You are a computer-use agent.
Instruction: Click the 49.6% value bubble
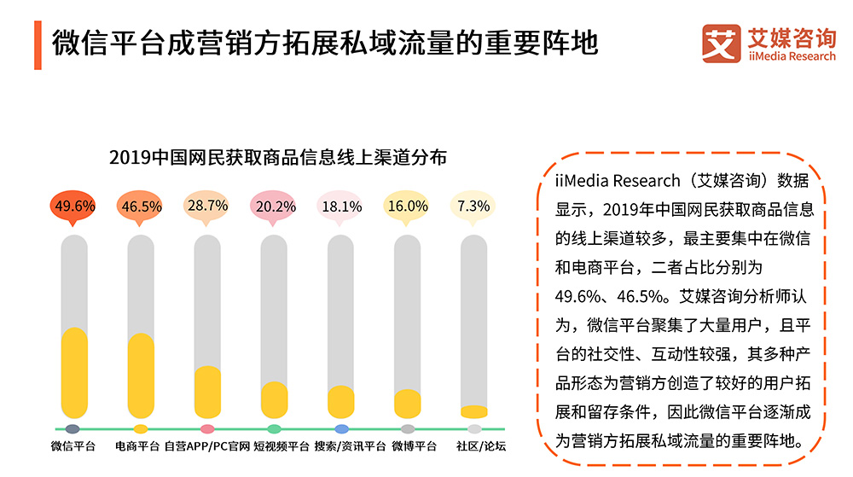pos(74,206)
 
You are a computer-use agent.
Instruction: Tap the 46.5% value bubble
pos(141,206)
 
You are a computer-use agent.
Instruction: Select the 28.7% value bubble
pos(207,206)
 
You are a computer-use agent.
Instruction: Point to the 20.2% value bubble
pos(274,206)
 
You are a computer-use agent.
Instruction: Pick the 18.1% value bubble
pos(340,206)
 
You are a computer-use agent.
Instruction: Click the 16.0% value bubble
pos(407,206)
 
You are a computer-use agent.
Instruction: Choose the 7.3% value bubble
pos(473,206)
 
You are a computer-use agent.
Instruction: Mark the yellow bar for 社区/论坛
pos(473,411)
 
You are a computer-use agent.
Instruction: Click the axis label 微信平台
pos(73,445)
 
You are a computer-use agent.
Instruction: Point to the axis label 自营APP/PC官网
pos(207,445)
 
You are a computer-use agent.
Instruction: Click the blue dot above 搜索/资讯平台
pos(341,428)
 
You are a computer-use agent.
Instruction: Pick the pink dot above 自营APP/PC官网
pos(207,428)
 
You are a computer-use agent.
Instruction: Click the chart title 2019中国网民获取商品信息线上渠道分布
pos(278,159)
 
